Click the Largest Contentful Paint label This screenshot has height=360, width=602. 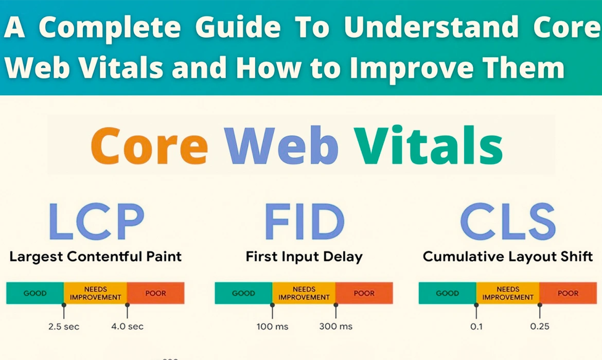[x=95, y=256]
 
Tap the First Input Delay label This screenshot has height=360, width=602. [x=304, y=256]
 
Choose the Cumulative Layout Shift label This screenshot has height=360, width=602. [x=507, y=256]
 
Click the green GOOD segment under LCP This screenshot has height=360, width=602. [x=35, y=293]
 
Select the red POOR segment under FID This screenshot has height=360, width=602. [x=364, y=293]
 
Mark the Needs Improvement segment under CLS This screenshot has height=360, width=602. [x=507, y=293]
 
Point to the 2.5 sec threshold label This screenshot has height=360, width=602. [x=63, y=326]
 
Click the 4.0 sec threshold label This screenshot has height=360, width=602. [x=128, y=326]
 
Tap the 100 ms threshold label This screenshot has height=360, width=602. [x=272, y=326]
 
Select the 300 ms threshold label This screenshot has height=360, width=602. [x=336, y=326]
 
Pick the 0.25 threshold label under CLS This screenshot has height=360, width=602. [x=540, y=326]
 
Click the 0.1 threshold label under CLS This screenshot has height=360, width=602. [x=476, y=326]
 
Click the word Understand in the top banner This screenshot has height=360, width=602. [x=431, y=29]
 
